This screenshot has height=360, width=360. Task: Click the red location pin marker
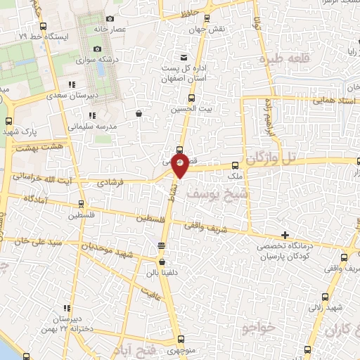point(181,165)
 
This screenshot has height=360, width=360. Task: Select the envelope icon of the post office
point(184,57)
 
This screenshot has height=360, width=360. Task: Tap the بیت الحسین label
point(186,110)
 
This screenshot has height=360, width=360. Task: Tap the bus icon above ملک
point(236,167)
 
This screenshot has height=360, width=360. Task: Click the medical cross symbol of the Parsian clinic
point(285,234)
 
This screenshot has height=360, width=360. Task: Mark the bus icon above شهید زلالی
point(324,297)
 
